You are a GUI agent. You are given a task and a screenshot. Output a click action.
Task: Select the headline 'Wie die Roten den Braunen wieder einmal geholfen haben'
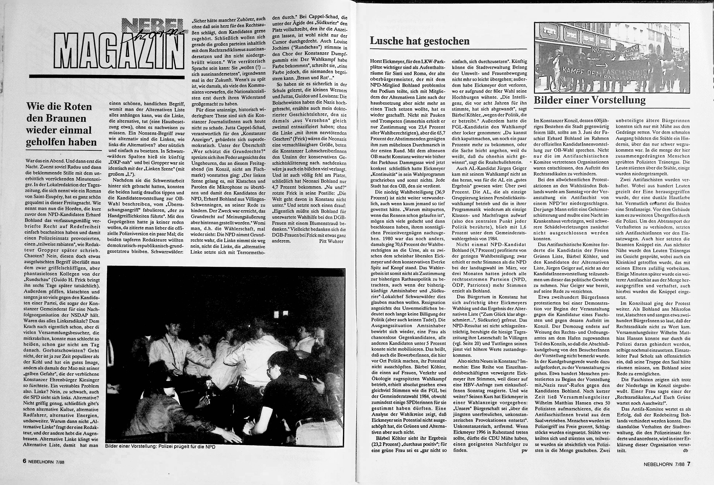coord(61,124)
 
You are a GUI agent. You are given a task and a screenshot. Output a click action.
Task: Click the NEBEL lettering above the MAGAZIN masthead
coord(147,25)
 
